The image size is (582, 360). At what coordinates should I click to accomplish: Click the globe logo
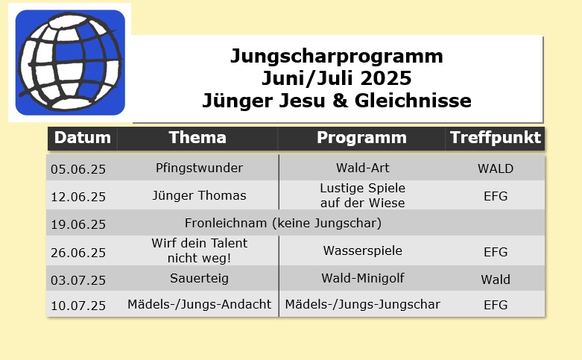click(70, 63)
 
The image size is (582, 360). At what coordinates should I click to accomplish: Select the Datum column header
click(83, 138)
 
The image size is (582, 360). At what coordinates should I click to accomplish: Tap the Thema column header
click(197, 138)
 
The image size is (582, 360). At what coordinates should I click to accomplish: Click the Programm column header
click(361, 138)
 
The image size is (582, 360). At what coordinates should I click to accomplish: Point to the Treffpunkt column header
click(495, 138)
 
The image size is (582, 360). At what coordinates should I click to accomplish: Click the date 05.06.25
click(78, 169)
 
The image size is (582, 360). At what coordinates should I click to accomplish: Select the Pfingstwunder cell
click(199, 168)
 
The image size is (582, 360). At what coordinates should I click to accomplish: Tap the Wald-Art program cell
click(363, 168)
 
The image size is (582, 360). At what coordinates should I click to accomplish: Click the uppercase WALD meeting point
click(496, 169)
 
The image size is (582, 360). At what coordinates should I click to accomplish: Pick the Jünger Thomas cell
click(199, 195)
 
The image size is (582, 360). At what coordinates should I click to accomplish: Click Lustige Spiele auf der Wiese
click(363, 195)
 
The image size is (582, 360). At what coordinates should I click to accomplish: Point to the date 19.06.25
click(78, 224)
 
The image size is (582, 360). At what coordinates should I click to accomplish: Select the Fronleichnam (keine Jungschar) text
click(283, 223)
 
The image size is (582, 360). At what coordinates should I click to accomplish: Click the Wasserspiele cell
click(363, 250)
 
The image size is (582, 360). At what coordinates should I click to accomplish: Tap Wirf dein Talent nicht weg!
click(199, 250)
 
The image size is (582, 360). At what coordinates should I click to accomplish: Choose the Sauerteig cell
click(199, 278)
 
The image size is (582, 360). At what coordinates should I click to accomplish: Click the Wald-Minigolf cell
click(363, 278)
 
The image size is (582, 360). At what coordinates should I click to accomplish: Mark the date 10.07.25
click(78, 306)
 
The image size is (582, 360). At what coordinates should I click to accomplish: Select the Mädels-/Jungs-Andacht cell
click(199, 304)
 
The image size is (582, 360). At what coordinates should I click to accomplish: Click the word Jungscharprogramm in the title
click(337, 57)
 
